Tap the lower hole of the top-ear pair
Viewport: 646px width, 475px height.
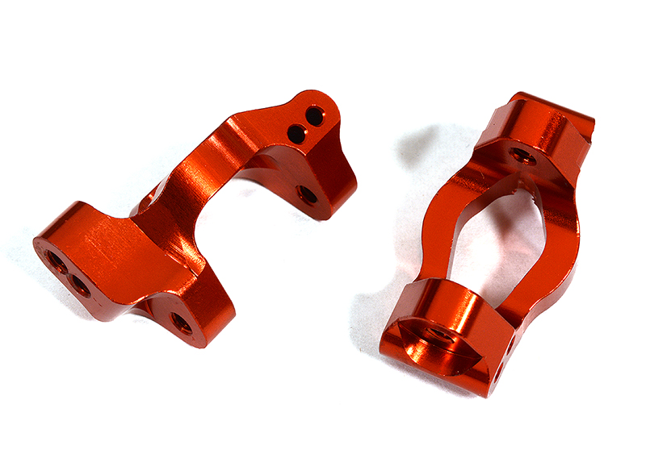tap(297, 134)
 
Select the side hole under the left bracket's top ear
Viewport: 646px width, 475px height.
tap(307, 194)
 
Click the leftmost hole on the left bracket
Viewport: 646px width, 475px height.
tap(57, 261)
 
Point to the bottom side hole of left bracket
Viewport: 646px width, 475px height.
tap(182, 323)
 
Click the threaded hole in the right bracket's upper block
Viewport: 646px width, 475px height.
tap(518, 153)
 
